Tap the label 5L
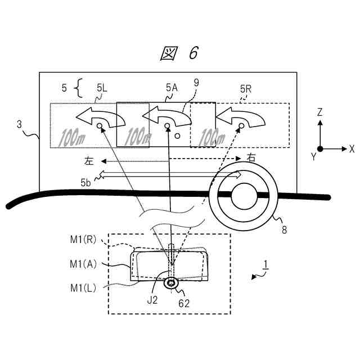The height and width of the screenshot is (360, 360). [103, 88]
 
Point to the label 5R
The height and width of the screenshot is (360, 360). [245, 88]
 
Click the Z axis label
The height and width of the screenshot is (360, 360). [319, 112]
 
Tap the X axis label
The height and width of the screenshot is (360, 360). [352, 149]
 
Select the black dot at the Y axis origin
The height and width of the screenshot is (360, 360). [319, 149]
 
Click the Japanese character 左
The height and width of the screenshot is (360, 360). [89, 160]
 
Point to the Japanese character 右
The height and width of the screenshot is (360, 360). [251, 158]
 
